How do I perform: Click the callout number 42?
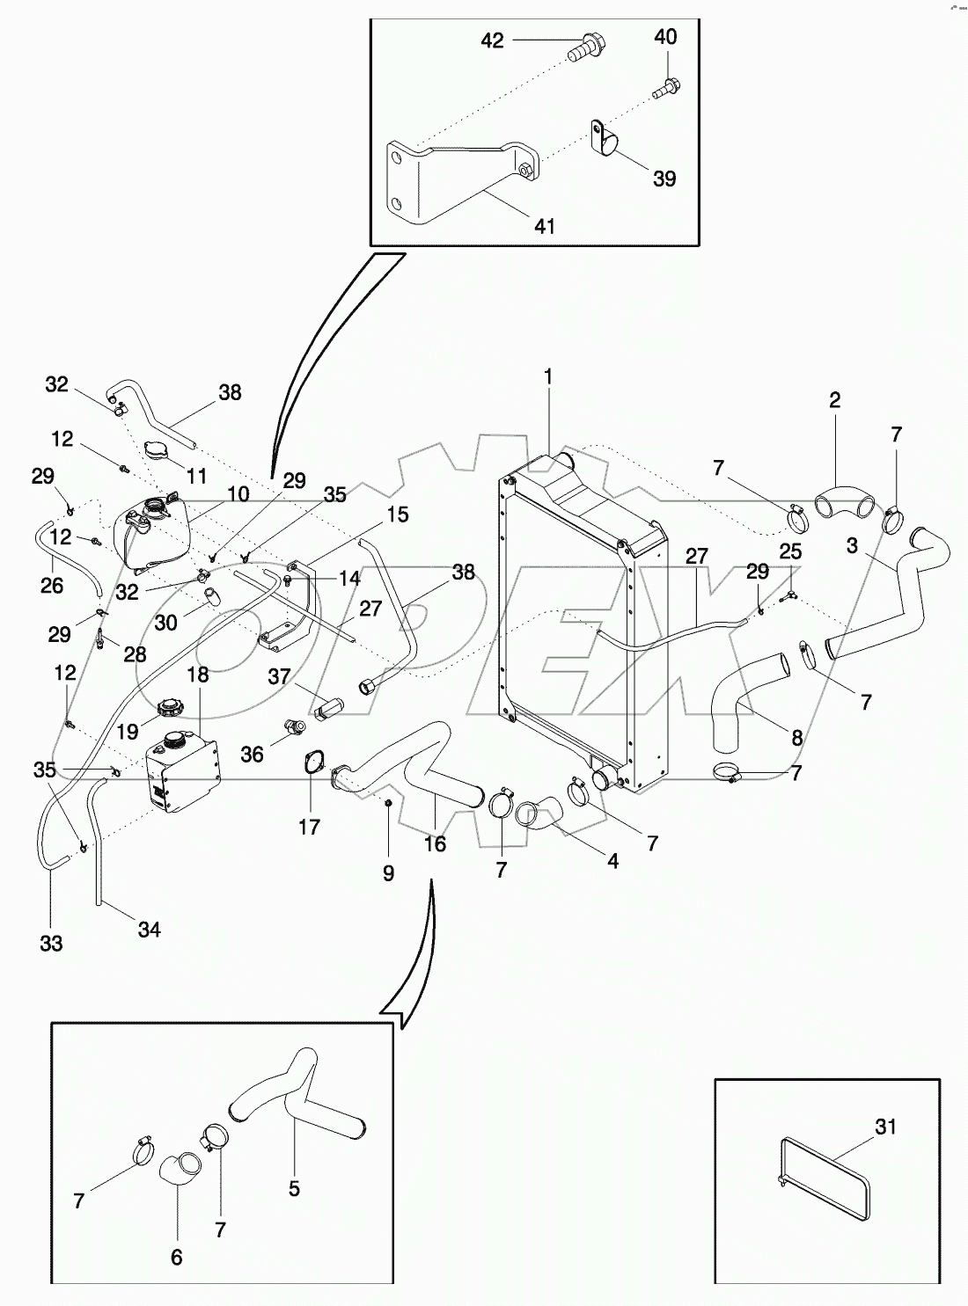point(492,40)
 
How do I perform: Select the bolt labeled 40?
point(666,88)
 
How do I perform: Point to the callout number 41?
point(545,226)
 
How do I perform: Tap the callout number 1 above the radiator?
point(548,377)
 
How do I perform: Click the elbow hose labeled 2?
point(844,505)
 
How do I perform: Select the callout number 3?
point(852,545)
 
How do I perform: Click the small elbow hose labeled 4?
point(539,810)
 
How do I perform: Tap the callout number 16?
point(435,844)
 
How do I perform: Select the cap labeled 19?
point(169,707)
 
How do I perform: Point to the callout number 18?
point(198,675)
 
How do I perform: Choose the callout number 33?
point(51,944)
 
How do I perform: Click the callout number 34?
point(150,929)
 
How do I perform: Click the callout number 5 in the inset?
point(294,1188)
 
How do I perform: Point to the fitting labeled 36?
point(294,726)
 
